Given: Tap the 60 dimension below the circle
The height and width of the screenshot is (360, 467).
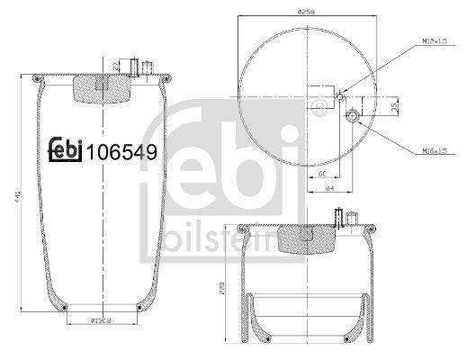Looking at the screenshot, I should [x=320, y=168].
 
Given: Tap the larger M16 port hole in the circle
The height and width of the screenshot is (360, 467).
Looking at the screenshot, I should [x=353, y=115].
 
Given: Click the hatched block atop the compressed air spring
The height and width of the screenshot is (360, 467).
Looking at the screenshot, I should [x=306, y=237].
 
